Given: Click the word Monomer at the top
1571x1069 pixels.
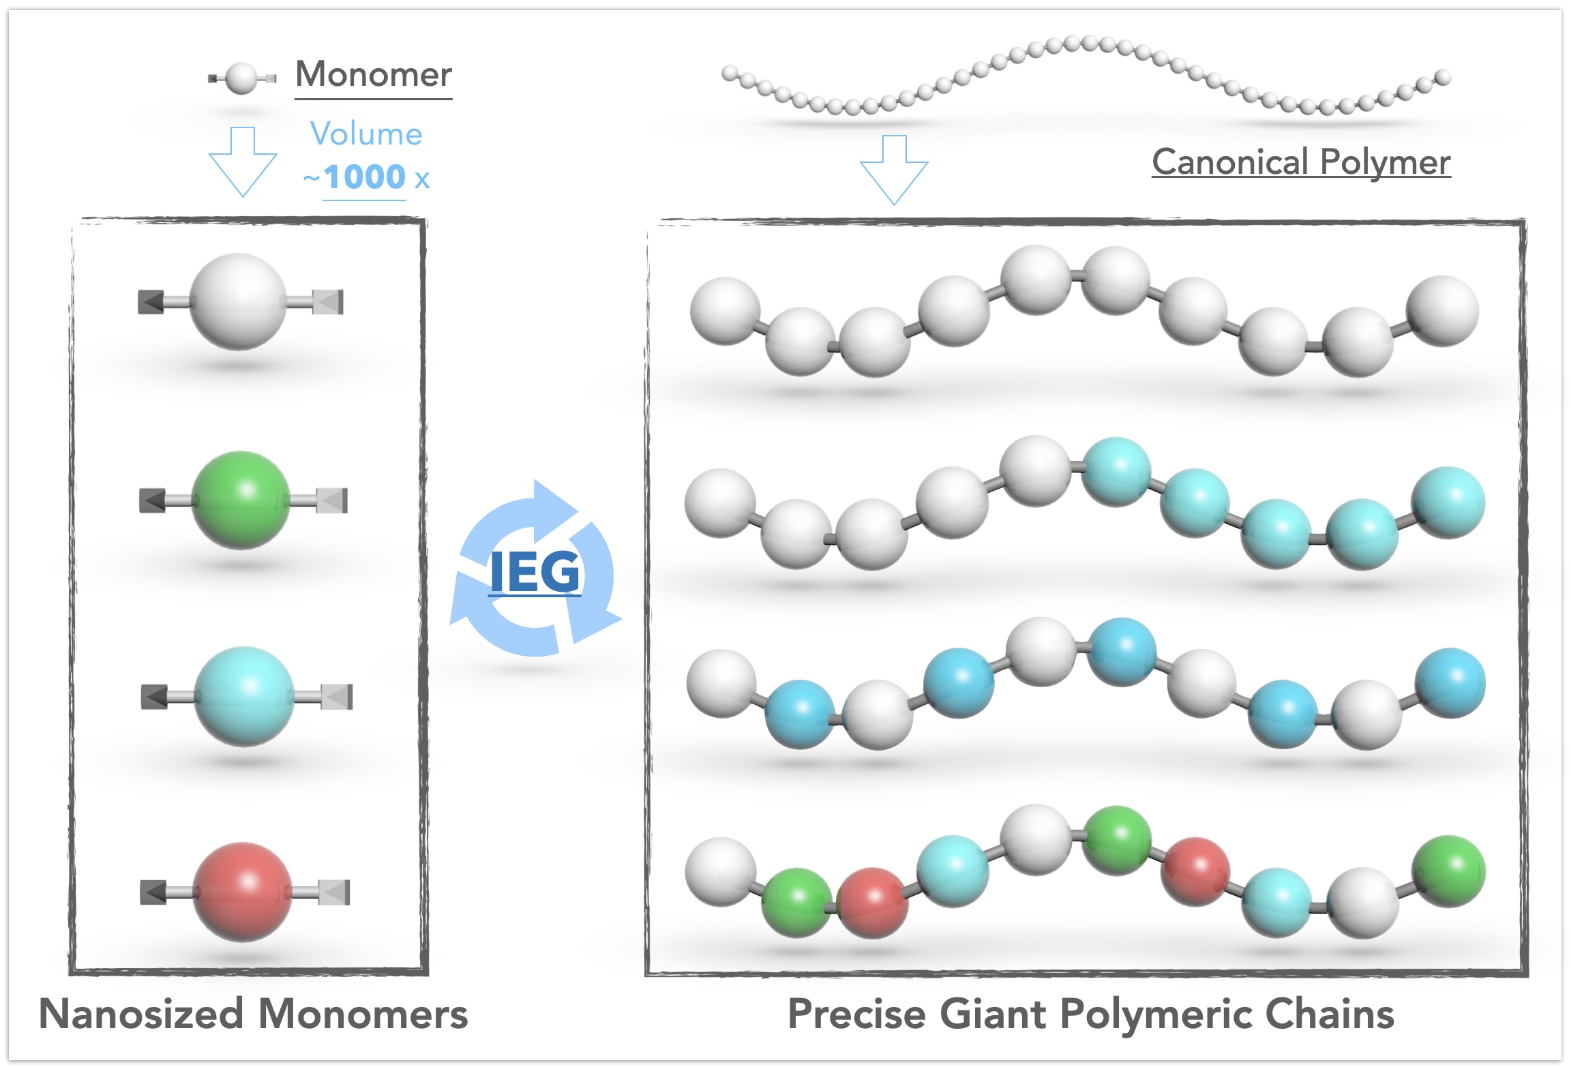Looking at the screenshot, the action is click(x=374, y=74).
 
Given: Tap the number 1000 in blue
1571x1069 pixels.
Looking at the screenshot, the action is click(x=365, y=177).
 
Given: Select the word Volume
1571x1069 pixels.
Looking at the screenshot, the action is click(x=366, y=134).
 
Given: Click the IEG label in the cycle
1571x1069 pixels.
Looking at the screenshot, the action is click(x=535, y=573).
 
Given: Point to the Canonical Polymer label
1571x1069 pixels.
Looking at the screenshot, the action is click(x=1301, y=162).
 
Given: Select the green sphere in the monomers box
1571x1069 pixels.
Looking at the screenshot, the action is click(x=241, y=500).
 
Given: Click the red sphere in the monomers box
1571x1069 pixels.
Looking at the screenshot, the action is click(x=243, y=892).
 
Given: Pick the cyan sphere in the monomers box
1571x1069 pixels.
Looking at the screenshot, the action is click(x=244, y=696).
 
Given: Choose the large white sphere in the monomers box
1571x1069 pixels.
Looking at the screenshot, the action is click(x=239, y=301).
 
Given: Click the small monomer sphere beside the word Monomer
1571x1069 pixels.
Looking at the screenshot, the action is click(x=241, y=78).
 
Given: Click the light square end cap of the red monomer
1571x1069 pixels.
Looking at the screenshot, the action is click(x=334, y=892).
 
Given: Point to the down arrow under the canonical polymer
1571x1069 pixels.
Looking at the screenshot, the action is click(x=894, y=170).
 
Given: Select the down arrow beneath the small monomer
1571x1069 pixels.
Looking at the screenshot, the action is click(x=243, y=162).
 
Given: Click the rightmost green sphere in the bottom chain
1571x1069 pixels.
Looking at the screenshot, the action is click(x=1449, y=871).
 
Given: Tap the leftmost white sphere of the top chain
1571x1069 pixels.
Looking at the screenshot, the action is click(x=725, y=311).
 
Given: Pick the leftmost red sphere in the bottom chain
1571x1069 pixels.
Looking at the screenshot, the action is click(x=872, y=903).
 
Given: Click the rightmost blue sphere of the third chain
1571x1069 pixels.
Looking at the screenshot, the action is click(x=1450, y=683).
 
